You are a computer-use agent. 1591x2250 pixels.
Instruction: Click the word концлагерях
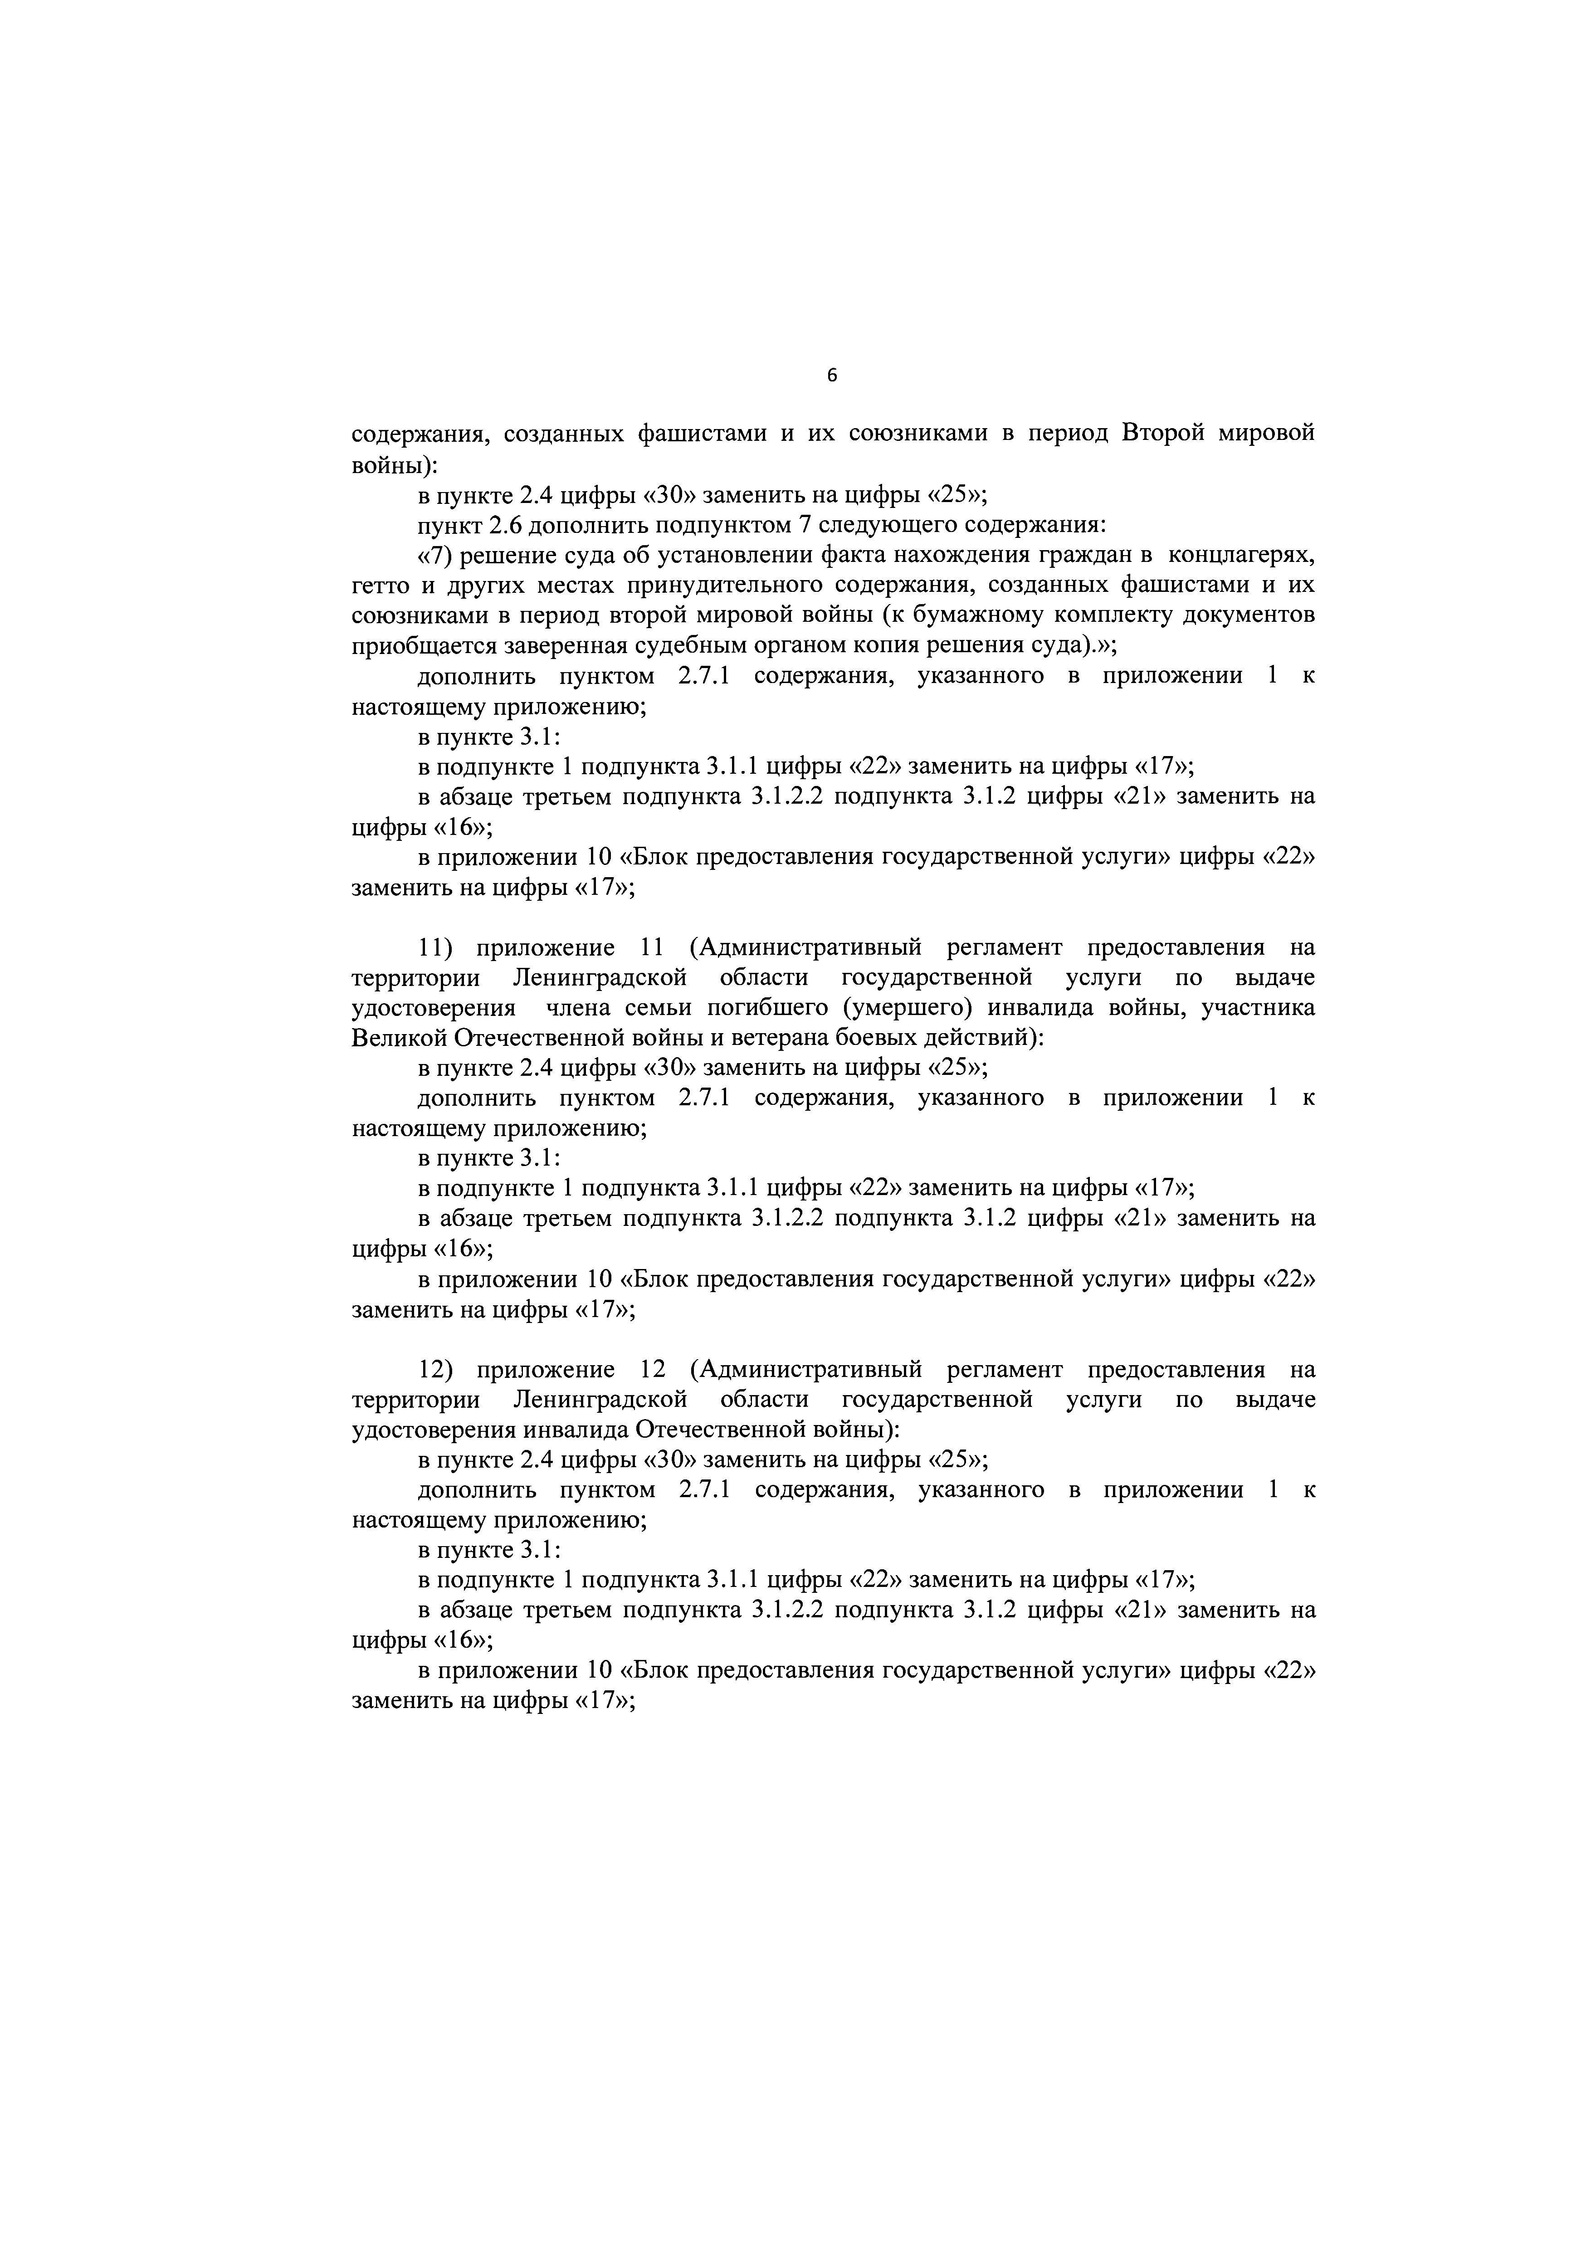point(1241,556)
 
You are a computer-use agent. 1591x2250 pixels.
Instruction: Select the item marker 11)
point(434,947)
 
